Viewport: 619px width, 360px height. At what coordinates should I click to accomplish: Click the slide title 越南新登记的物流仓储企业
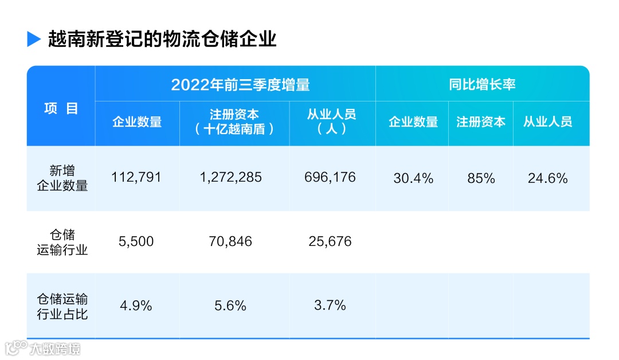(x=162, y=39)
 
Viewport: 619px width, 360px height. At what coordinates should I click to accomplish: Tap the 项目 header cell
(x=61, y=108)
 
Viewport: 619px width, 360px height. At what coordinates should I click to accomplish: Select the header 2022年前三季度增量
(x=240, y=85)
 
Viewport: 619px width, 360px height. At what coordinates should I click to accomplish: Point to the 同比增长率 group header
(x=482, y=84)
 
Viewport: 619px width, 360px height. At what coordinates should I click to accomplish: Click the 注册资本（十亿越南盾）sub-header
(x=234, y=122)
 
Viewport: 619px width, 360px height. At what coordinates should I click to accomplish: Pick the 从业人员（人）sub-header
(x=332, y=122)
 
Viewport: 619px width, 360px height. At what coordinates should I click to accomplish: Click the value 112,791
(x=136, y=178)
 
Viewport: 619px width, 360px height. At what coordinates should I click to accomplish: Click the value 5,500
(x=136, y=242)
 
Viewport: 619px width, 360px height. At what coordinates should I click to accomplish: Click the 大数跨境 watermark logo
(x=43, y=348)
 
